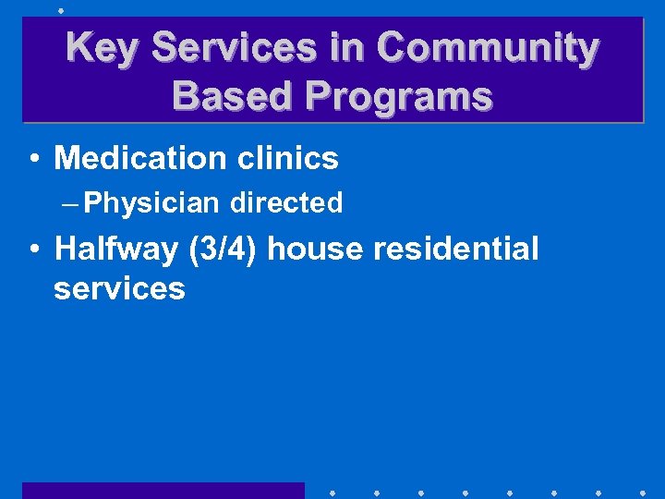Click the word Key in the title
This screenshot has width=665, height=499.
coord(101,48)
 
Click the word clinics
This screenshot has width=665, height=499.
coord(288,158)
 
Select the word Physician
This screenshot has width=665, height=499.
coord(151,202)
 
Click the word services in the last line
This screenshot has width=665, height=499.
coord(119,288)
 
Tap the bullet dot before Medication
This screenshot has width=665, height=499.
coord(33,159)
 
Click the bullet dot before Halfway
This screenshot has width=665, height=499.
coord(33,249)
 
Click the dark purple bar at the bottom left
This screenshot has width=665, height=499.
coord(163,490)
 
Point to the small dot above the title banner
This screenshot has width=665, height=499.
coord(60,10)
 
